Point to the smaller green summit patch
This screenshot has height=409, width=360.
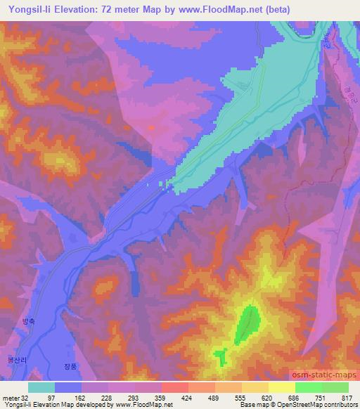[x=221, y=356]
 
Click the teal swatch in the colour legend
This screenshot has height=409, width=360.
[x=41, y=387]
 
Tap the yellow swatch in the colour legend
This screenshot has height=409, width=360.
[x=281, y=387]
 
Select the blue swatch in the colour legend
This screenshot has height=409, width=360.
[x=68, y=387]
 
